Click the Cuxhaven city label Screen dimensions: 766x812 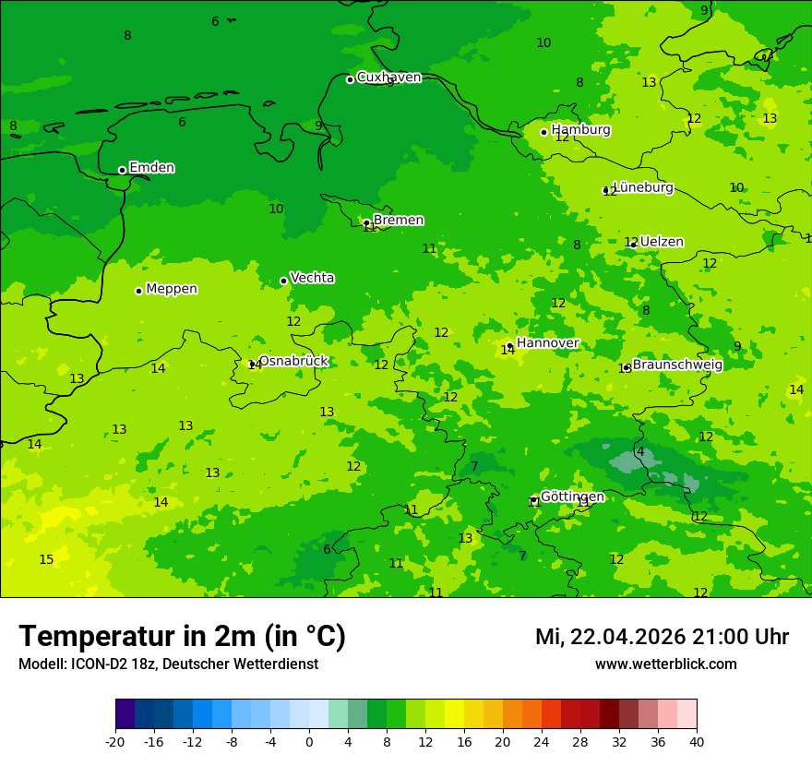click(388, 78)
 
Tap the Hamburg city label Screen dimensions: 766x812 click(580, 130)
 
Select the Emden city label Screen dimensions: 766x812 click(151, 168)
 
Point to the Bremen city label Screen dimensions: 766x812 click(398, 221)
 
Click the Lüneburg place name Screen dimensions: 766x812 click(642, 187)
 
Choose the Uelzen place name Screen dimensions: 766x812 click(662, 242)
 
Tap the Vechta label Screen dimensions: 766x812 click(312, 278)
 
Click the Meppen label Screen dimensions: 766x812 click(172, 289)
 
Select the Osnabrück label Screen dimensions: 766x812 click(293, 361)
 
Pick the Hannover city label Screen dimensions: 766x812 click(547, 343)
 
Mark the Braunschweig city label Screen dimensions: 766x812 click(677, 365)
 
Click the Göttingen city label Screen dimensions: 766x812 click(572, 497)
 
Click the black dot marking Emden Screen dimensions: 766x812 click(122, 170)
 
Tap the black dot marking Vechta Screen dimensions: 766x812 click(283, 281)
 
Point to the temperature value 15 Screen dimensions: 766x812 click(46, 559)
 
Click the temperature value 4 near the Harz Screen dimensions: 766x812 click(640, 451)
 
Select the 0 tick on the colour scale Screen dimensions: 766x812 click(309, 741)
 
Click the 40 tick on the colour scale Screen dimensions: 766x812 click(697, 741)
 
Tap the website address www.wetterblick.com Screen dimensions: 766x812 click(665, 664)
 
